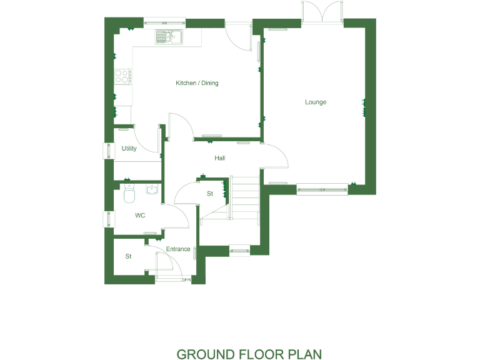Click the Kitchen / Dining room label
197,83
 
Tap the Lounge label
316,102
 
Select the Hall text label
219,158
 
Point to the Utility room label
129,149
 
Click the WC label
140,215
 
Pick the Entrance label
178,249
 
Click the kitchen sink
167,37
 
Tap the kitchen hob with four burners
122,76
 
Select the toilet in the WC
129,194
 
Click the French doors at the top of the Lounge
322,12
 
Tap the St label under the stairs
210,194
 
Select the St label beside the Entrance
128,256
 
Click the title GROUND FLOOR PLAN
249,354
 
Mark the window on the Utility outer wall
107,151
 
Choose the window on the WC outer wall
107,219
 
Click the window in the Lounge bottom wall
322,188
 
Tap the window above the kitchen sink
165,24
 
